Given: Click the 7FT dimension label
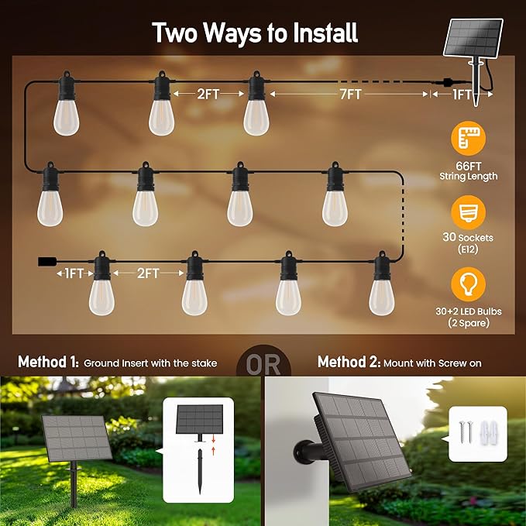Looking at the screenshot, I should click(349, 95).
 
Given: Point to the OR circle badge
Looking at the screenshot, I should click(263, 363).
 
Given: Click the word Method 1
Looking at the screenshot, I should click(47, 362).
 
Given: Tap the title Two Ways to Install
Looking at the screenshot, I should click(255, 33).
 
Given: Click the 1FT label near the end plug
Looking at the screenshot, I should click(73, 273).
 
